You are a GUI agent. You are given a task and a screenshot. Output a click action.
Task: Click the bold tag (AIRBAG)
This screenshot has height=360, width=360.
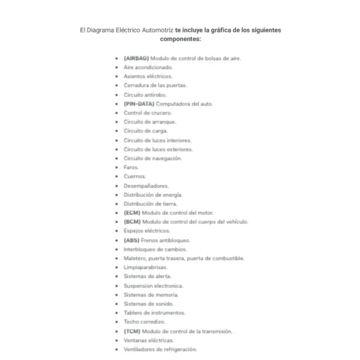click(x=136, y=58)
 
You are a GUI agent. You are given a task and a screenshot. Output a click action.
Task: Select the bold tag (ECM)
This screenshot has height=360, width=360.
click(x=132, y=212)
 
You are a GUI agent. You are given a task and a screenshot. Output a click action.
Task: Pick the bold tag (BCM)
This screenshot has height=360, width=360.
click(x=132, y=221)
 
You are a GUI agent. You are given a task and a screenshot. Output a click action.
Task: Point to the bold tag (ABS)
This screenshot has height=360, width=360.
click(x=131, y=240)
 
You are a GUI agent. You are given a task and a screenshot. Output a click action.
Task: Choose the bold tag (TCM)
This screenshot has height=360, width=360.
click(x=132, y=331)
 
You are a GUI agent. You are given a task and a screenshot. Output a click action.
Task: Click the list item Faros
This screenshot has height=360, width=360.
click(x=131, y=167)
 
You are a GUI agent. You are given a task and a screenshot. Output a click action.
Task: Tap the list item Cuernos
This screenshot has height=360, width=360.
click(x=134, y=176)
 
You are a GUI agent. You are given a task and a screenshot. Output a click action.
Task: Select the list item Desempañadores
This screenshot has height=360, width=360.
click(x=146, y=185)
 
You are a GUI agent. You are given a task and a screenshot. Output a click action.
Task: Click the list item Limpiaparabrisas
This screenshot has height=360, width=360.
click(x=145, y=267)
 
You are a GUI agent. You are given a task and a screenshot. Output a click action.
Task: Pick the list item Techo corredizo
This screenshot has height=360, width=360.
click(x=144, y=322)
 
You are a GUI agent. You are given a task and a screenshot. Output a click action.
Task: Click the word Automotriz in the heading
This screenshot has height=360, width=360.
click(x=157, y=29)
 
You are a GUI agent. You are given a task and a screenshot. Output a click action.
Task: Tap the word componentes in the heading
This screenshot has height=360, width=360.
click(x=180, y=39)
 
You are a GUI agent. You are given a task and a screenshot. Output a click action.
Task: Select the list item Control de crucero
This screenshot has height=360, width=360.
click(x=148, y=113)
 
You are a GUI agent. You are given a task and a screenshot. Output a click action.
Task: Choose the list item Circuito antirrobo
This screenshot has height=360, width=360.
click(x=145, y=95)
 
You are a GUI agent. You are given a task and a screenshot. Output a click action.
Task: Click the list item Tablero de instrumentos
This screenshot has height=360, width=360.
click(x=154, y=313)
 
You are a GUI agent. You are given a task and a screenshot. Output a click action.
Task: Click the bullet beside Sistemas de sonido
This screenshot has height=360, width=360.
click(x=117, y=304)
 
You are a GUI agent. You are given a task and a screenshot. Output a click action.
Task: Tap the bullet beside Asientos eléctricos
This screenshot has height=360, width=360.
click(x=117, y=77)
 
